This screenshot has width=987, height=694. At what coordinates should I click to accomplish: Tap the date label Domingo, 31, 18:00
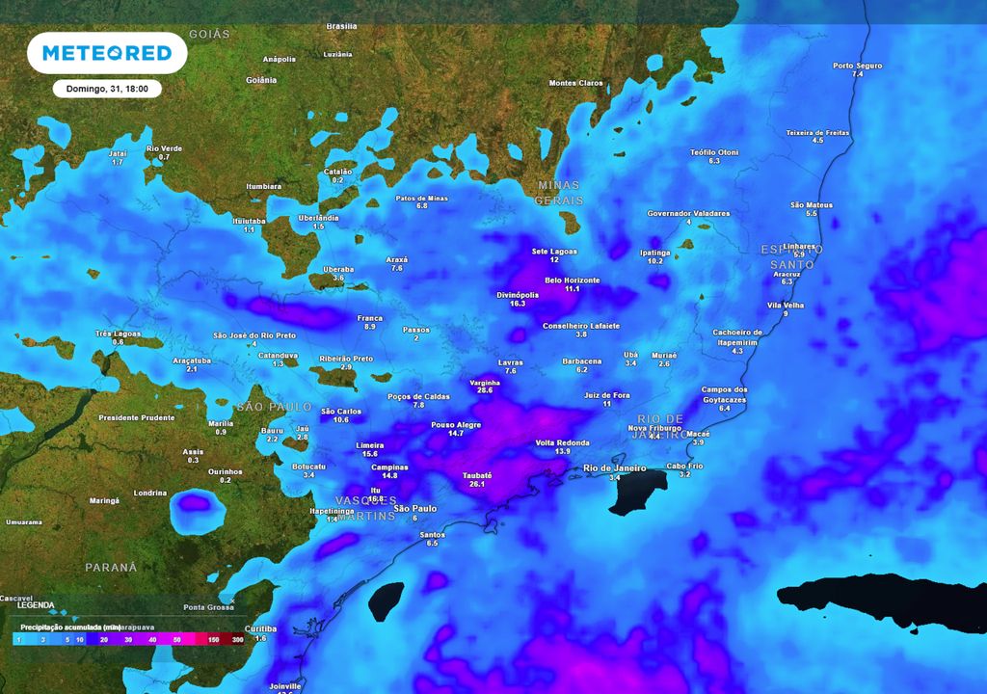tap(107, 89)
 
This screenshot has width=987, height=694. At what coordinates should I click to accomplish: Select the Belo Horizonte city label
tap(572, 280)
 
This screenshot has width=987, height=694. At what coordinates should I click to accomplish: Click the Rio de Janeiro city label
tap(615, 467)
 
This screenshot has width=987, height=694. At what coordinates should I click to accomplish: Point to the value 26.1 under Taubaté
tap(477, 485)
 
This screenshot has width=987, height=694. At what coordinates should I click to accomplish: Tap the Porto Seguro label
tap(857, 66)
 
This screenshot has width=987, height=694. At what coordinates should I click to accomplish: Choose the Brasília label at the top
tap(341, 26)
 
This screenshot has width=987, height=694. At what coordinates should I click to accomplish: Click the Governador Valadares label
tap(688, 213)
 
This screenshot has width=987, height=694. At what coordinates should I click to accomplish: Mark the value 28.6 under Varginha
tap(485, 390)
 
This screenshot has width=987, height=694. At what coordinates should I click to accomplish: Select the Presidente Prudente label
tap(137, 417)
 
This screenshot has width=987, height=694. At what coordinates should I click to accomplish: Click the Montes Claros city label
tap(575, 83)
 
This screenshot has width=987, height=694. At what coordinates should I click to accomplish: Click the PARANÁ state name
tap(111, 567)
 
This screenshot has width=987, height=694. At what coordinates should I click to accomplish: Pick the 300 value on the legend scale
tap(236, 638)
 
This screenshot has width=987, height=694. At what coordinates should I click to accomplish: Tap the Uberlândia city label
tap(318, 218)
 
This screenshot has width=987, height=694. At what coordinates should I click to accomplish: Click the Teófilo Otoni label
tap(714, 152)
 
